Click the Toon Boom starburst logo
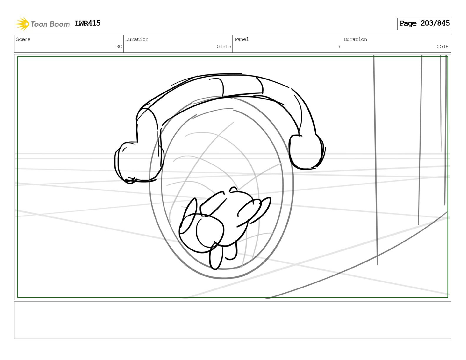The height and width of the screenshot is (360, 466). coord(22,24)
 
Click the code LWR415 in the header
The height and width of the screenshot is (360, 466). coord(88,23)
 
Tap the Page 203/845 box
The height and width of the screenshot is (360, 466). coord(424,24)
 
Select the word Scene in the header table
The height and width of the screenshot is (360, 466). coord(23,39)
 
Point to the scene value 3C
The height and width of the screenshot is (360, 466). coord(119,46)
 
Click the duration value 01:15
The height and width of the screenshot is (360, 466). coord(224,46)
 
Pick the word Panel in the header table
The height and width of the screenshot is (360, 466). coord(242,39)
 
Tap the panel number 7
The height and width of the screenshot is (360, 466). coord(339,46)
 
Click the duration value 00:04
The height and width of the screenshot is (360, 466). coord(442,46)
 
